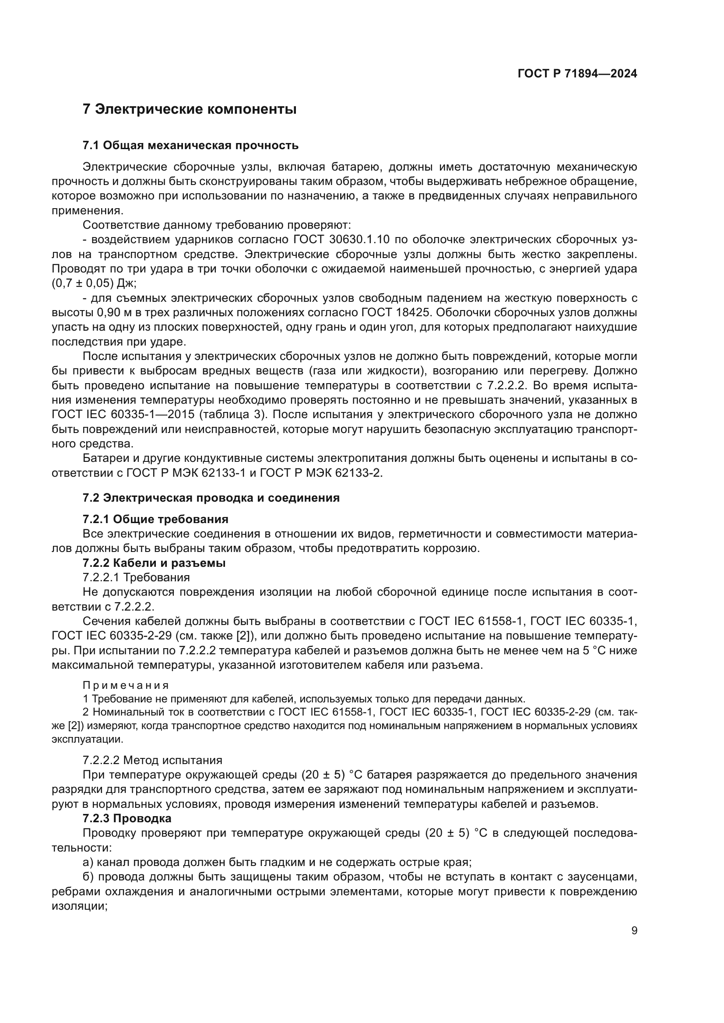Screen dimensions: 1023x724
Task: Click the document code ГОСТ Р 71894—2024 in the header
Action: [x=577, y=74]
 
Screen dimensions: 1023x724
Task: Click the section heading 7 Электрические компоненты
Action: [x=190, y=109]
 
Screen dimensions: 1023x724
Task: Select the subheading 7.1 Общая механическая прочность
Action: [x=190, y=146]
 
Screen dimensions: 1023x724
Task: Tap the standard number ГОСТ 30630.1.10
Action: [x=341, y=240]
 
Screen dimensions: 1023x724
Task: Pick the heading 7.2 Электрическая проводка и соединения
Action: [x=211, y=498]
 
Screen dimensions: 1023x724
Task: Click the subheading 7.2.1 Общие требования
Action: [x=155, y=520]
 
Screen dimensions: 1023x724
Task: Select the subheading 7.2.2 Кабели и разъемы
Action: [x=154, y=563]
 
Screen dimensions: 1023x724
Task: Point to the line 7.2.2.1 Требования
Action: [x=136, y=577]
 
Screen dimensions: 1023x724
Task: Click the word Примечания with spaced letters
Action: [x=126, y=685]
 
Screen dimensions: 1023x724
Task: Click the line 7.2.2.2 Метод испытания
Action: [x=152, y=760]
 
